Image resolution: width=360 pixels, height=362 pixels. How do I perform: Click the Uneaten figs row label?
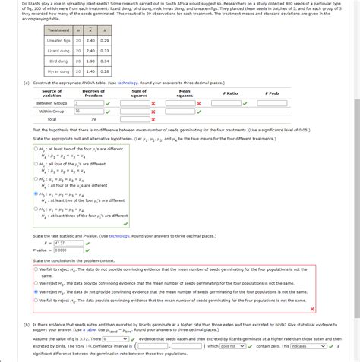pos(58,40)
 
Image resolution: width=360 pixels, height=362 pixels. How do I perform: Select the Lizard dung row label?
pos(58,50)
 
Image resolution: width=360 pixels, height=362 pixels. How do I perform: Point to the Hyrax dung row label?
pos(58,71)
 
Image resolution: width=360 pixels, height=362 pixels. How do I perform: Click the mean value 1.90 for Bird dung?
pos(90,61)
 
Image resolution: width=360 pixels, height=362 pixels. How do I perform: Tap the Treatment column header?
pos(58,30)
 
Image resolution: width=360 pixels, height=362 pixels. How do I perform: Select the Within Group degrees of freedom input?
pos(87,111)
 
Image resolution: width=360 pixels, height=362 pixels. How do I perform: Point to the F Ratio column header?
pos(230,93)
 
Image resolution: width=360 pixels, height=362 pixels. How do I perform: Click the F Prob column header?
pos(272,93)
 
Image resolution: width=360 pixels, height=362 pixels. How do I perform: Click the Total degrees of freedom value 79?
pos(93,119)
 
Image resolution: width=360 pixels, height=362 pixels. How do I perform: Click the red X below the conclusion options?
pos(312,309)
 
